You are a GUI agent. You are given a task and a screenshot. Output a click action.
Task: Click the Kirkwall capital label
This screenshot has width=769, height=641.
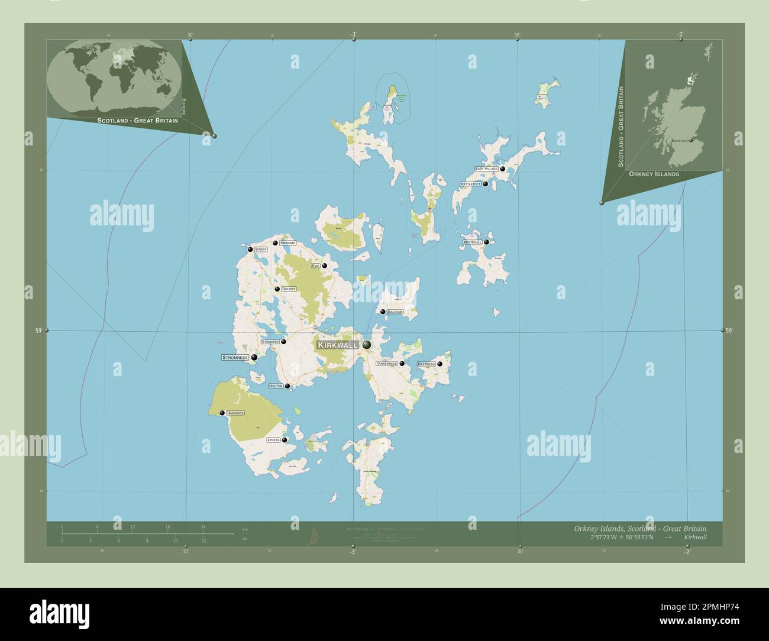(x=337, y=345)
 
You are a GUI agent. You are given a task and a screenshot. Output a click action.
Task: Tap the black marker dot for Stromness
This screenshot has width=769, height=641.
(x=254, y=357)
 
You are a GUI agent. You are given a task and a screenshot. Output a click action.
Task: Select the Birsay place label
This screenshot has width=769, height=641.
(x=261, y=250)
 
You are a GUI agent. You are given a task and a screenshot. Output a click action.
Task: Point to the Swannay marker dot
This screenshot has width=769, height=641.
(x=275, y=243)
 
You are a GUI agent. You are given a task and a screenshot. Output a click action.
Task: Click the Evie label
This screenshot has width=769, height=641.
(x=316, y=266)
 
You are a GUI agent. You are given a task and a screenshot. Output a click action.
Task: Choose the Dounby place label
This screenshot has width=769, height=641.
(x=288, y=289)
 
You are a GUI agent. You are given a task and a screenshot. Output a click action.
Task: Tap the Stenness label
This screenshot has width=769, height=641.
(x=270, y=342)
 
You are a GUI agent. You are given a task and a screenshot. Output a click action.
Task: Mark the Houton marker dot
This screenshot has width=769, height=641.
(x=288, y=386)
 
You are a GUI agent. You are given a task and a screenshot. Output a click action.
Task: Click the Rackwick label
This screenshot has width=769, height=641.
(x=235, y=413)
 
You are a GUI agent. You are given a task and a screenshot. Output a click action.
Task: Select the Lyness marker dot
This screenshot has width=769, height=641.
(x=285, y=440)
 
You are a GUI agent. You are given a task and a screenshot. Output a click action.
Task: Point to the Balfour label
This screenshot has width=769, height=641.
(x=395, y=312)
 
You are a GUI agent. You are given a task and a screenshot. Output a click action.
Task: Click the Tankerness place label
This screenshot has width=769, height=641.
(x=387, y=364)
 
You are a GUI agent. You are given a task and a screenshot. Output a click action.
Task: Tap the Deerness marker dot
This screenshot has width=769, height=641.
(x=440, y=364)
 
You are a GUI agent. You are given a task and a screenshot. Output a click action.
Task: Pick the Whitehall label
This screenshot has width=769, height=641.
(x=473, y=242)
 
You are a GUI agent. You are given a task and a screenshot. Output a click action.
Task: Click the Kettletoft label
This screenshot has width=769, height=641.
(x=471, y=184)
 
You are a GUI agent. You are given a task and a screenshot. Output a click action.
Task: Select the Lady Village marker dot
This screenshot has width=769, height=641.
(x=502, y=169)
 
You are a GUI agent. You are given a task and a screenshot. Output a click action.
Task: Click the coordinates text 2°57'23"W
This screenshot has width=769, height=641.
(x=608, y=537)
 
